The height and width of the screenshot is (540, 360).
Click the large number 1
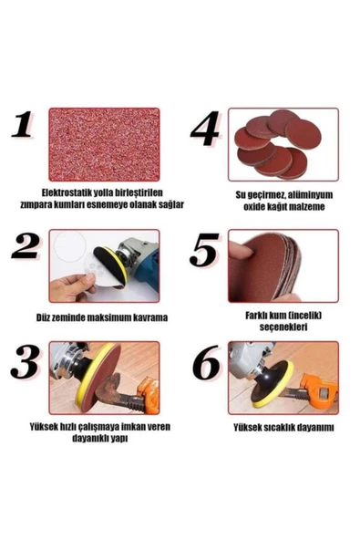(x=23, y=124)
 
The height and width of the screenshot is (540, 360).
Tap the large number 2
(x=26, y=246)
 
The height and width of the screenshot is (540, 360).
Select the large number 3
(x=25, y=362)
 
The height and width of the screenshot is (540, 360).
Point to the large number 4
(x=205, y=129)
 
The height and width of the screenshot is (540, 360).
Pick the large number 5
(x=204, y=250)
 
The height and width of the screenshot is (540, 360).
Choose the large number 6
(x=206, y=362)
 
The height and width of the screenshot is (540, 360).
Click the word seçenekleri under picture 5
(x=283, y=327)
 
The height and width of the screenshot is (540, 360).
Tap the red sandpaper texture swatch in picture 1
(x=104, y=145)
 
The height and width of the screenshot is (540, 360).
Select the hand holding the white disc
(x=72, y=288)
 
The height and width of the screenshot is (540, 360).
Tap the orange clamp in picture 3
(x=149, y=394)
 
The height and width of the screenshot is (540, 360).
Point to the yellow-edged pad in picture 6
(x=273, y=384)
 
